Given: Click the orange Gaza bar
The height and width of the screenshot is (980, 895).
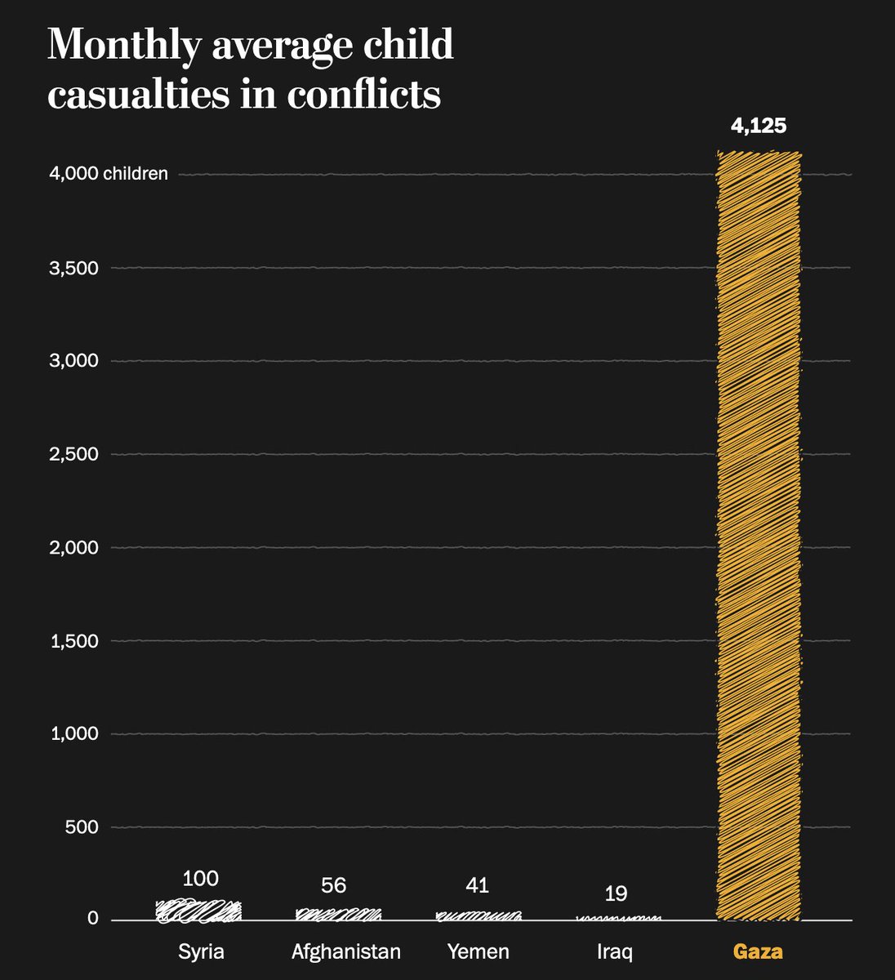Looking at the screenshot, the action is point(759,536).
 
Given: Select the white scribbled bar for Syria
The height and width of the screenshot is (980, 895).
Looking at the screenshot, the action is point(198,911).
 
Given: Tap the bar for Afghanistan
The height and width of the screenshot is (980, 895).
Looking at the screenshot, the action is point(339,915).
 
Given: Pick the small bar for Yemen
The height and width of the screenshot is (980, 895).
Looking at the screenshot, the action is point(479,916).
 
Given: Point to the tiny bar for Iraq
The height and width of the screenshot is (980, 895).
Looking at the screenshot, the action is point(618,919).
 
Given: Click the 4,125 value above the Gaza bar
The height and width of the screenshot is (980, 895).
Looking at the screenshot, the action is point(759,126).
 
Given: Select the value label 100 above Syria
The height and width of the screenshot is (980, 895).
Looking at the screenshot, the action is point(200,879).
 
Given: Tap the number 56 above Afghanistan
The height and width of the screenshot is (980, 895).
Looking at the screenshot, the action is point(334,885).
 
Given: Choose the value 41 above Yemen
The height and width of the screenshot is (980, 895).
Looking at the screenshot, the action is point(477,885).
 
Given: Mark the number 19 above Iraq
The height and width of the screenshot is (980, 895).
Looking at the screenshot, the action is point(616,893).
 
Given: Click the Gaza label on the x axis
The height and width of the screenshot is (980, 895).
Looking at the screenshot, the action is point(758,951).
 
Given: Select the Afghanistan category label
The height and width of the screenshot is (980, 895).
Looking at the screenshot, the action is point(346,951).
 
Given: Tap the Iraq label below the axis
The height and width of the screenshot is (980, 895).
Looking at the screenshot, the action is point(615,952).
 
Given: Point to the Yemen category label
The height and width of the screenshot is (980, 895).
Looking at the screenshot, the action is point(479,951).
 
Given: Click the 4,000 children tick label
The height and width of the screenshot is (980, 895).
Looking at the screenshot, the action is point(109,173).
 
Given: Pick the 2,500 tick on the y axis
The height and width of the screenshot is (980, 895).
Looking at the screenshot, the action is point(73,454).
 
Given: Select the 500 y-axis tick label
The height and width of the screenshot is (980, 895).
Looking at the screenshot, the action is point(82,827).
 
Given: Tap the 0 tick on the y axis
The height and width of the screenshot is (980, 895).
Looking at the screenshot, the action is point(93,919).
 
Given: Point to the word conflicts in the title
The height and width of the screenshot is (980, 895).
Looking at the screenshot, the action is point(364,94).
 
